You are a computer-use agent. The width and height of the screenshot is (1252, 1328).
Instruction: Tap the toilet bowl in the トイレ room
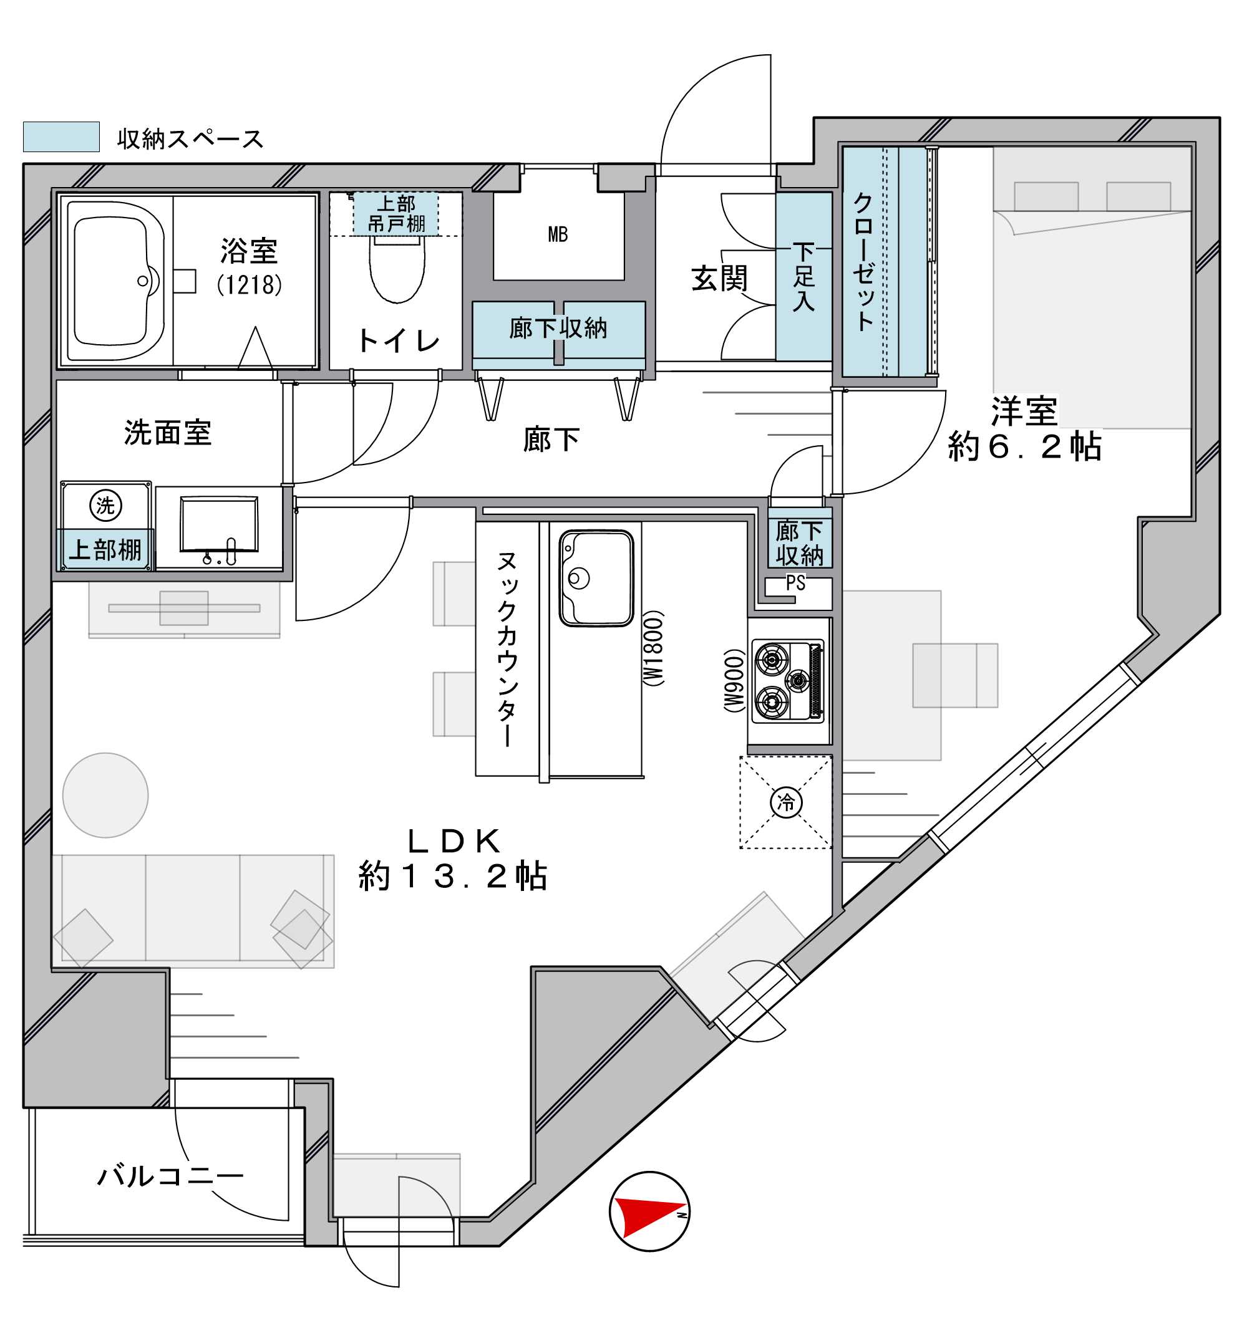[397, 269]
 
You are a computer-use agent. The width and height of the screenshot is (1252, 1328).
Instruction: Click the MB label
[558, 234]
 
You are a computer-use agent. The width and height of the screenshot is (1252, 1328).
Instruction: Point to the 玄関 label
[719, 279]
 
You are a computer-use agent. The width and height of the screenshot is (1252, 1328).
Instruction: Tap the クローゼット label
[863, 261]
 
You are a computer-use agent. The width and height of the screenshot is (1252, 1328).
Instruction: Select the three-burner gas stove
[788, 681]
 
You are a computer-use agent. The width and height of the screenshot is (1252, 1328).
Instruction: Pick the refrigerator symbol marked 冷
[786, 802]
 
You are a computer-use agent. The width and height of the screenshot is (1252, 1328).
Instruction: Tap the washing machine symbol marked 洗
[105, 505]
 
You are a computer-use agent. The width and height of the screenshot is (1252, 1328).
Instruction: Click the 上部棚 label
[105, 550]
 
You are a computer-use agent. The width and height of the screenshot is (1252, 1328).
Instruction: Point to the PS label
[795, 583]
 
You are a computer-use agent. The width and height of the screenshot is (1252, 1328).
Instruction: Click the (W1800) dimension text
[653, 648]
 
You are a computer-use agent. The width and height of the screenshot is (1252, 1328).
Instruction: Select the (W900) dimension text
[734, 681]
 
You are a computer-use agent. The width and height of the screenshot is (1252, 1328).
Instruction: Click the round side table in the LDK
[105, 795]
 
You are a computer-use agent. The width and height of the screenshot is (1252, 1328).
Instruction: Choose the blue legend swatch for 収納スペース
[62, 137]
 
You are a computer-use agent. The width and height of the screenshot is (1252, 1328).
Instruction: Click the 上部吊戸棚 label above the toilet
[396, 214]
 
